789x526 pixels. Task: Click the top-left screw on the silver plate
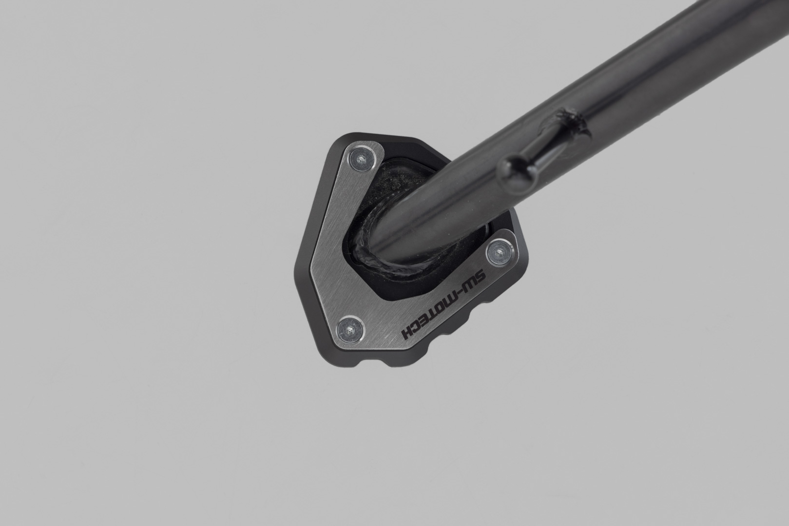(x=361, y=159)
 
